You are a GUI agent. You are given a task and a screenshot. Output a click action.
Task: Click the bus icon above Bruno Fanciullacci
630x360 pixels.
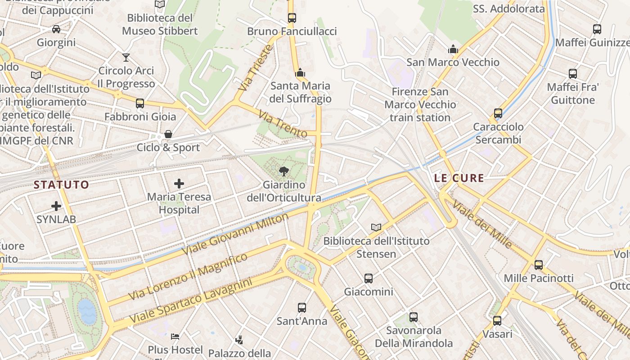coord(292,18)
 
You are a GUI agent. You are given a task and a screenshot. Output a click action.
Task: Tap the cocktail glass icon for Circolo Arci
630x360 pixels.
coord(126,57)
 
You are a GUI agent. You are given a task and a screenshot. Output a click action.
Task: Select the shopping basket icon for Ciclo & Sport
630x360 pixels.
coord(168,134)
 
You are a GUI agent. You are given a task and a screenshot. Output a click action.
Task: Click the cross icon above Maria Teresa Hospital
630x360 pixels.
coord(179,183)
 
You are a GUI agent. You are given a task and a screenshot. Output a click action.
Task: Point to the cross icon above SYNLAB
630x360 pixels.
coord(56,206)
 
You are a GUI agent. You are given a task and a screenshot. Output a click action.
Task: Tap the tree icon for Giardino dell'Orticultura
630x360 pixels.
coord(283,171)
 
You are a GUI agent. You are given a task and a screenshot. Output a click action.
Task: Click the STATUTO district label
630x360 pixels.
coord(62,184)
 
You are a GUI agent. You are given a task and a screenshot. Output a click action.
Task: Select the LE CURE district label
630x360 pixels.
coord(459,178)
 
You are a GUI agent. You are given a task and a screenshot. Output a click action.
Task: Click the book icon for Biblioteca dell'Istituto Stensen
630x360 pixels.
coord(376,227)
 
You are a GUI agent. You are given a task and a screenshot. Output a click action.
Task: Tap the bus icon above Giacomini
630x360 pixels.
coord(369,278)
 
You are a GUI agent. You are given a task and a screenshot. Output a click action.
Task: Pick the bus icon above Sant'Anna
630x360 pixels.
coord(302,308)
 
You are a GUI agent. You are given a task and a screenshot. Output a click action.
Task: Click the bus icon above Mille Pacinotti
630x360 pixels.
coord(539,265)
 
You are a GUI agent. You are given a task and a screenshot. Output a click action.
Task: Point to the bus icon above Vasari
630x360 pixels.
coord(497,321)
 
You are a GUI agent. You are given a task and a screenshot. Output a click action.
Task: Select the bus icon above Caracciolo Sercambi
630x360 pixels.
coord(498,113)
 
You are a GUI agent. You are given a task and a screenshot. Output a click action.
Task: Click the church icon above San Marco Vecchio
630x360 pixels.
coord(453,49)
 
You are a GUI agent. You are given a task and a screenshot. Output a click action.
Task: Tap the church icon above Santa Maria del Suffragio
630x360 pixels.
coord(300,72)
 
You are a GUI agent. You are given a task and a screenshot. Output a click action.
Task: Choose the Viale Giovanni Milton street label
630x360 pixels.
coord(234,234)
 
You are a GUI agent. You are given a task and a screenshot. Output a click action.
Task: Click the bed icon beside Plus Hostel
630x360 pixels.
coord(175,336)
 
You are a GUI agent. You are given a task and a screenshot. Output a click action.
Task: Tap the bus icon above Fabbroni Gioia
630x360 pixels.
coord(140,103)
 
